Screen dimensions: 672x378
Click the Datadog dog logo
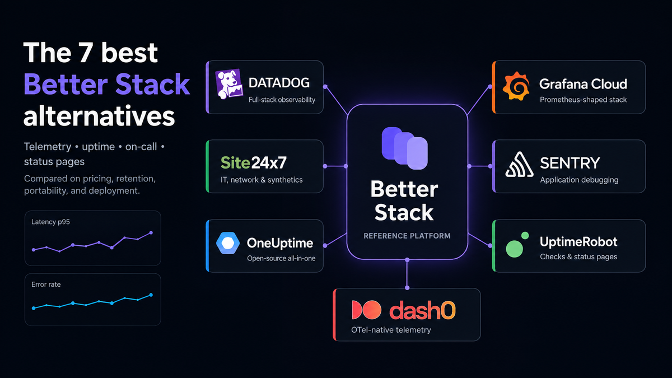click(x=229, y=84)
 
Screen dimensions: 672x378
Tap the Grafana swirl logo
click(x=516, y=86)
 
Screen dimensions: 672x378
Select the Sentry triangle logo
click(x=519, y=165)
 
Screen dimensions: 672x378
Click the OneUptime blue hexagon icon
click(x=228, y=243)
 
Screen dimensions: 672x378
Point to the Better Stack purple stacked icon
click(x=405, y=148)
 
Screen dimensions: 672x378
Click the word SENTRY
click(x=570, y=163)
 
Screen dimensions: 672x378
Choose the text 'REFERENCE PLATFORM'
click(x=407, y=236)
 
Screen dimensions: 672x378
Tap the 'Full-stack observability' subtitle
click(x=282, y=100)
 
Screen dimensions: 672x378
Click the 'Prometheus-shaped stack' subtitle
click(x=583, y=100)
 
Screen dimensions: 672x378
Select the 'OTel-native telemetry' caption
click(x=391, y=330)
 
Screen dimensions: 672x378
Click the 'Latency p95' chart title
click(x=50, y=222)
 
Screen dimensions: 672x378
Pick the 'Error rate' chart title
click(x=46, y=284)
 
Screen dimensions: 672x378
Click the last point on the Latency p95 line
click(x=151, y=233)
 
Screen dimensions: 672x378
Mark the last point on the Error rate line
click(x=151, y=295)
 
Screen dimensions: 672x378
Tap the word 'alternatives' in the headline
click(x=99, y=116)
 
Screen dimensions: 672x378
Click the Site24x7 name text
click(x=254, y=162)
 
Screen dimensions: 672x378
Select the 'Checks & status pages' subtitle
click(x=578, y=257)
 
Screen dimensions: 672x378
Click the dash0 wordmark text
click(x=422, y=310)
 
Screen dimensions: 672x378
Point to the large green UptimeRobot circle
click(x=514, y=249)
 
